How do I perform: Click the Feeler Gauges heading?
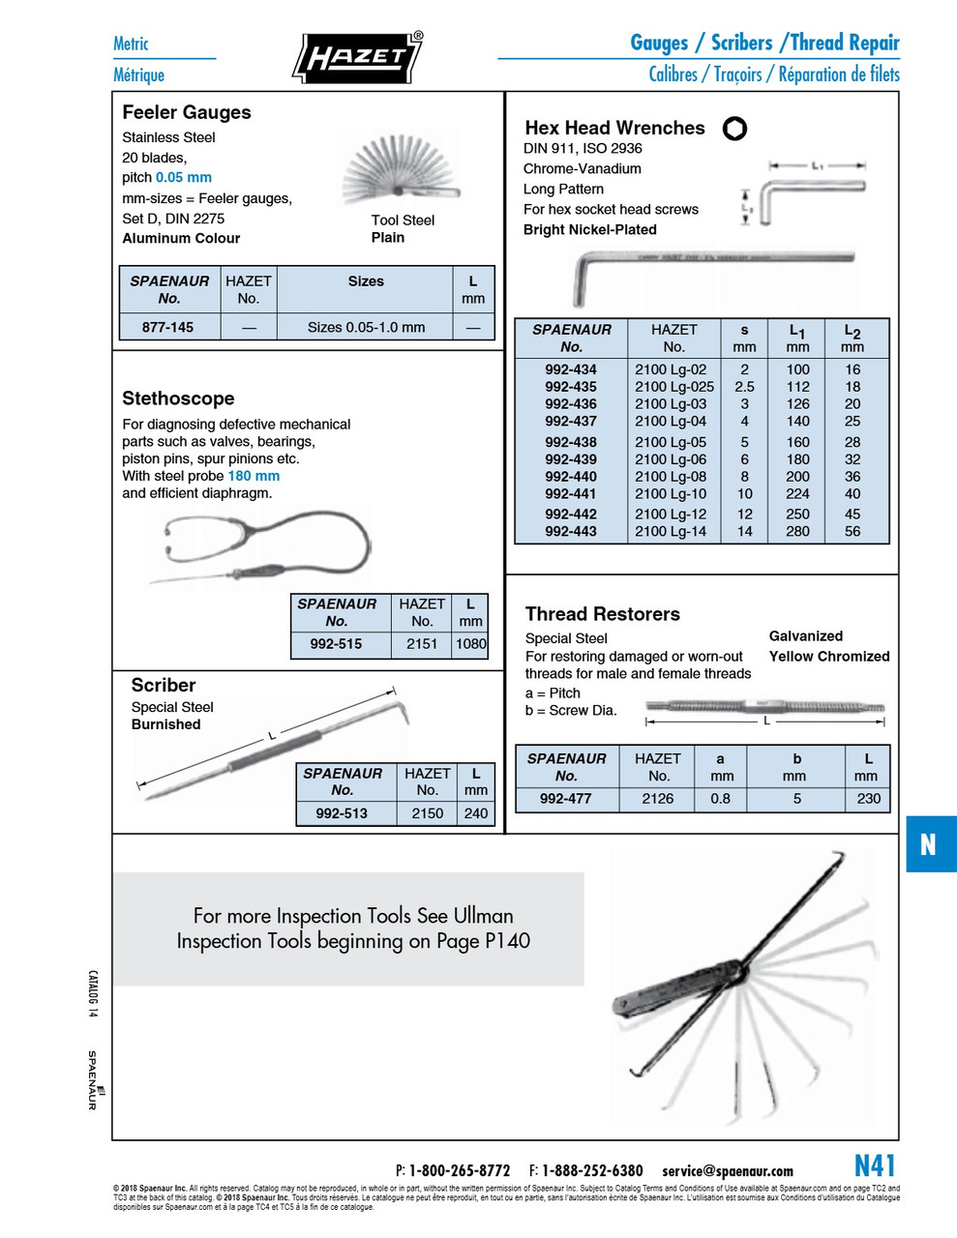[x=186, y=112]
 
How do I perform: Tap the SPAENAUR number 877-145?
[x=167, y=327]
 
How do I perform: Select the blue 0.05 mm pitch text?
[x=183, y=177]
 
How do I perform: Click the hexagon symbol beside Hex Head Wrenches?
[x=734, y=129]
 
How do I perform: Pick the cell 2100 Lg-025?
[x=673, y=387]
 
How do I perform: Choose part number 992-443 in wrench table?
[x=570, y=531]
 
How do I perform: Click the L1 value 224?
[x=797, y=493]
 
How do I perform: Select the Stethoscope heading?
[x=178, y=398]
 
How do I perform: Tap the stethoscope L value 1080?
[x=471, y=644]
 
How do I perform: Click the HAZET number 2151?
[x=421, y=644]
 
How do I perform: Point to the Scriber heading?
[x=164, y=685]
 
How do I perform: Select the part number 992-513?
[x=342, y=813]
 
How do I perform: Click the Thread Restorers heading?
[x=602, y=614]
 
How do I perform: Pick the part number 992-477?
[x=565, y=799]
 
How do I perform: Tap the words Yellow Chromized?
[x=828, y=656]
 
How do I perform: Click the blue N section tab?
[x=929, y=844]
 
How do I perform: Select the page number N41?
[x=875, y=1165]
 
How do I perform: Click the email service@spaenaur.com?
[x=727, y=1171]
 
